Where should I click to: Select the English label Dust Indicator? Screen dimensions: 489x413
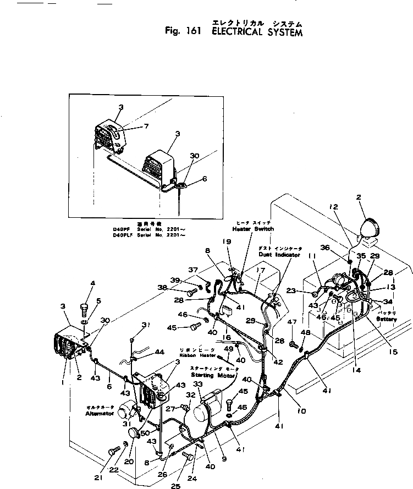[x=279, y=255]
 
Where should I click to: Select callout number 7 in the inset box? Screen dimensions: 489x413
[x=146, y=127]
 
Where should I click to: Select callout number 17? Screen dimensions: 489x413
[x=262, y=270]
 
